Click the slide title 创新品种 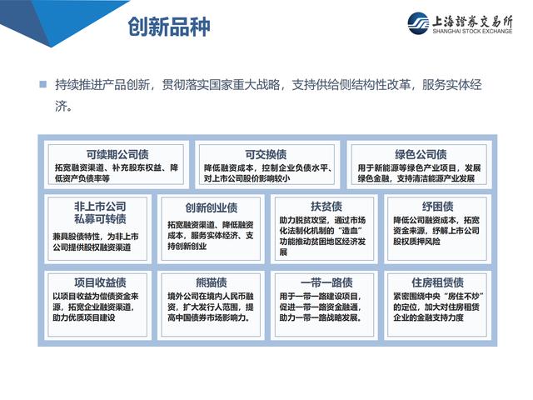pos(169,27)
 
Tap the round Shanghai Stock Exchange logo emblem pos(418,23)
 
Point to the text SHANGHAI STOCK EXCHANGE pos(472,32)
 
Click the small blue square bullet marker pos(43,84)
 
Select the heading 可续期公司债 pos(117,154)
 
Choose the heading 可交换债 pos(266,154)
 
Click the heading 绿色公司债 pos(421,154)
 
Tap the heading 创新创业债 pos(211,207)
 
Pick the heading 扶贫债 pos(326,206)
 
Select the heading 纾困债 pos(438,206)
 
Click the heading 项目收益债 pos(100,282)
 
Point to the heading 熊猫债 pos(211,282)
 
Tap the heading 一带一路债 pos(326,282)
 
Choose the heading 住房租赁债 pos(438,282)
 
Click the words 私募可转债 pos(100,219)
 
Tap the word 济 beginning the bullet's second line pos(61,106)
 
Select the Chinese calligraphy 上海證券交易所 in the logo pos(472,22)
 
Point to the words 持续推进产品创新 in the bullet pos(102,85)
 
